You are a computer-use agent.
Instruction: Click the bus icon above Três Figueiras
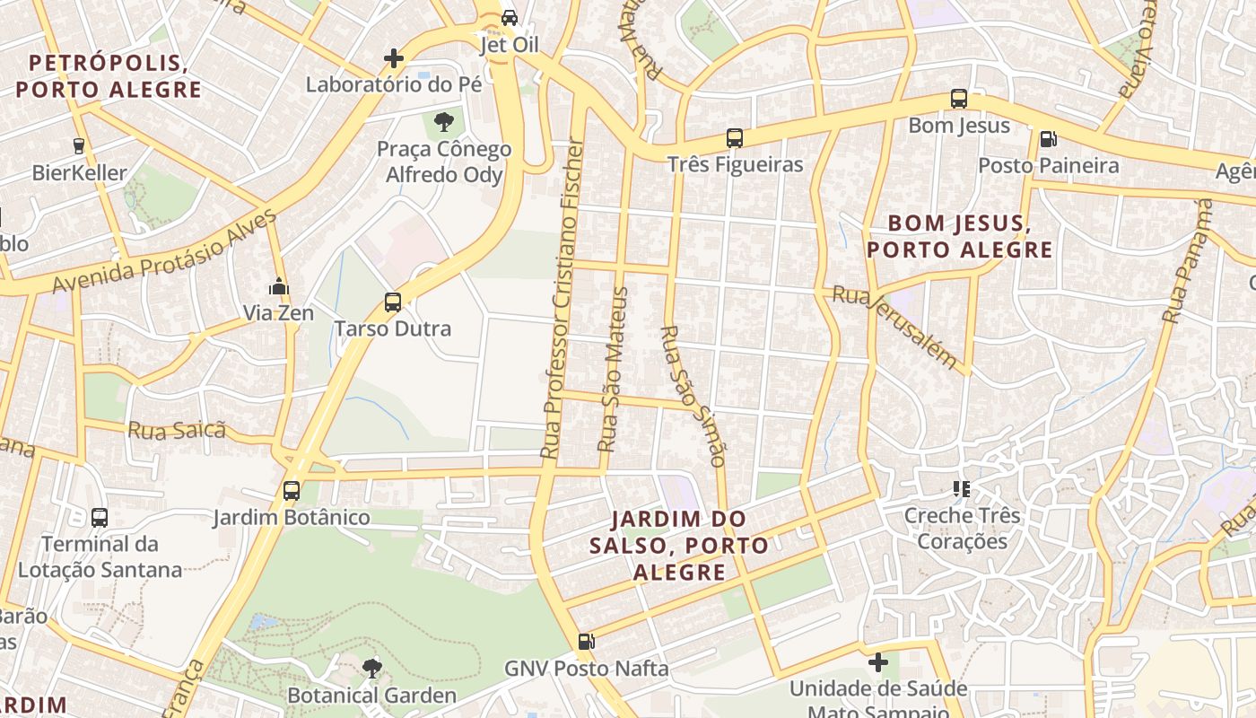734,138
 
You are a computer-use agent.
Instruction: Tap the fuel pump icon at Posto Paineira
1048,139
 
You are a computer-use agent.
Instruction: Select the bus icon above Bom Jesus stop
959,99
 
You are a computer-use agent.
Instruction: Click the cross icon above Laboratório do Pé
393,59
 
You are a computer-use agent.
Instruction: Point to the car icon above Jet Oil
509,17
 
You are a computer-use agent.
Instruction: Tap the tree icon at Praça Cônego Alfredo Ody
443,122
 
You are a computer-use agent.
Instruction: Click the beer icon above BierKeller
79,145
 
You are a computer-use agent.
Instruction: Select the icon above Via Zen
279,286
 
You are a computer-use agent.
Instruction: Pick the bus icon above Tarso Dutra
393,302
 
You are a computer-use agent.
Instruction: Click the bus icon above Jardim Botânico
291,491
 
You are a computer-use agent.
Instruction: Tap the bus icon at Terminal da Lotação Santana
100,517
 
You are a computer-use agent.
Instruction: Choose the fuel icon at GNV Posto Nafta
586,641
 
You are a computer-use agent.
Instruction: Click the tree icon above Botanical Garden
371,668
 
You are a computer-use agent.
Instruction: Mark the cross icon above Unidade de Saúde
878,663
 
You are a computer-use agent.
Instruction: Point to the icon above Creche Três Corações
962,489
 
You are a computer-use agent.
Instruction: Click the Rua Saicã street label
177,430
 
